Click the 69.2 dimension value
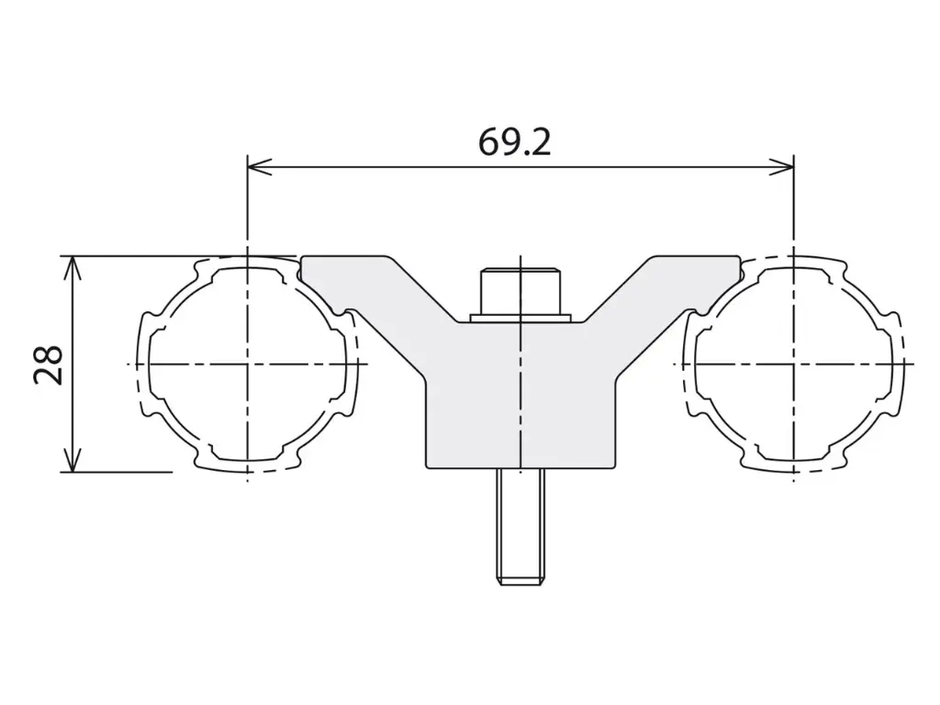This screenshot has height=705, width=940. pos(514,142)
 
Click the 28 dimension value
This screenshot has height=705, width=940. pos(48,364)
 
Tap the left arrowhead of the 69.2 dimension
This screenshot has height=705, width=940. pos(260,167)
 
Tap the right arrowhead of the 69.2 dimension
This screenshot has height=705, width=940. pos(782,167)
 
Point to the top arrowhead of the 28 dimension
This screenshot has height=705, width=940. pos(72,268)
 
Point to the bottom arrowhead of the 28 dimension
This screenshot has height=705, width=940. pos(72,460)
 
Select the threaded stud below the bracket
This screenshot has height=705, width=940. pos(520,526)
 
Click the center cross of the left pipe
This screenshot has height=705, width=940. pos(247,364)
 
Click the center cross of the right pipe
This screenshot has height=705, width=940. pos(794,364)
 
